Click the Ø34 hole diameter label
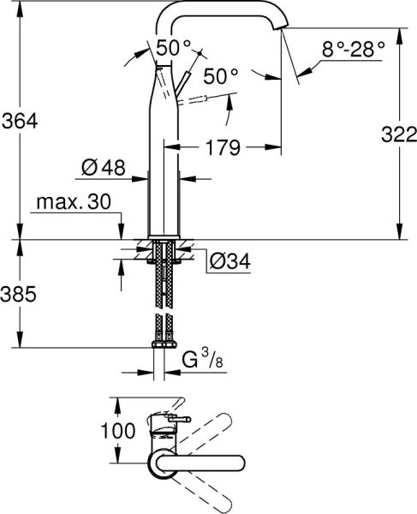click(x=229, y=260)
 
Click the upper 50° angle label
click(x=174, y=47)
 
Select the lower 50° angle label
click(x=221, y=75)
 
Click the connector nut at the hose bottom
click(x=164, y=344)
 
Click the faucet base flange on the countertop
click(x=163, y=236)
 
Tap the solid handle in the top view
click(x=198, y=463)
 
